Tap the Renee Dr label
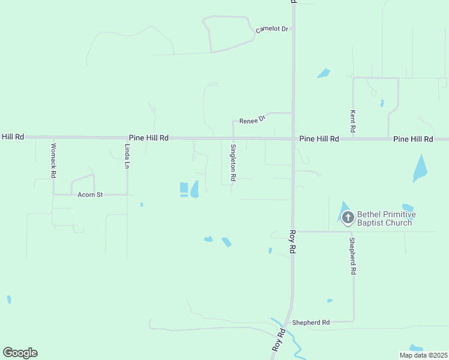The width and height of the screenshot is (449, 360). pos(252,120)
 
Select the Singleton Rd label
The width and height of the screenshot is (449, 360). pos(233,162)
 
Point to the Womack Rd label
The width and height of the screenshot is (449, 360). pos(53,160)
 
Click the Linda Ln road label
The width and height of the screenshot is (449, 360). pos(127,155)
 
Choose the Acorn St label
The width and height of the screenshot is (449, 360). pos(91,194)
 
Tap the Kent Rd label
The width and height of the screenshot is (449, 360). pos(353,121)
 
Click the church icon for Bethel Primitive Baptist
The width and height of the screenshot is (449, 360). pos(348,217)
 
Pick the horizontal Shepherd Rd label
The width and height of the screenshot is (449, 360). pos(311,323)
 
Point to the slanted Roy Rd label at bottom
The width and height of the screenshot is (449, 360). pos(279,340)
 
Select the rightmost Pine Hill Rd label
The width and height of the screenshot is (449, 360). pos(413,139)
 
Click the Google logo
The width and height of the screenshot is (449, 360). pos(20,353)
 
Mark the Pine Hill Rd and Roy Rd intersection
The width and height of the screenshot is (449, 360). pos(294,139)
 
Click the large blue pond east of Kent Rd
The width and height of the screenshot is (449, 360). pos(420,169)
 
